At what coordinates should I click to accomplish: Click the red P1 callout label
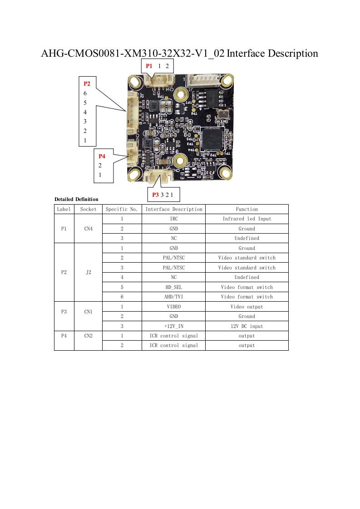click(149, 66)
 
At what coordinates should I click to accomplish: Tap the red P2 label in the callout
click(87, 84)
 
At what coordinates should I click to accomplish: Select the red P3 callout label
click(155, 195)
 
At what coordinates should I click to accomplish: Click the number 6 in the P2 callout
click(85, 93)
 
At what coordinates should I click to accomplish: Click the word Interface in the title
click(246, 54)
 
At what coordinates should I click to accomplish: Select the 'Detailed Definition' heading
click(76, 199)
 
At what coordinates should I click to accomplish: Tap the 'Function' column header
click(247, 209)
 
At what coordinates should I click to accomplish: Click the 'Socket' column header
click(88, 209)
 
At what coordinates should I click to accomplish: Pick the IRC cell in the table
click(173, 219)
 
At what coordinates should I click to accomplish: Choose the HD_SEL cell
click(173, 287)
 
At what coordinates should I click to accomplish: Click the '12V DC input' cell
click(247, 326)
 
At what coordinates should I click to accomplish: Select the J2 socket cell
click(88, 272)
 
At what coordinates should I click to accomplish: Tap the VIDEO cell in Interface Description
click(173, 307)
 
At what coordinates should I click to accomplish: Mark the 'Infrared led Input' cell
click(247, 219)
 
